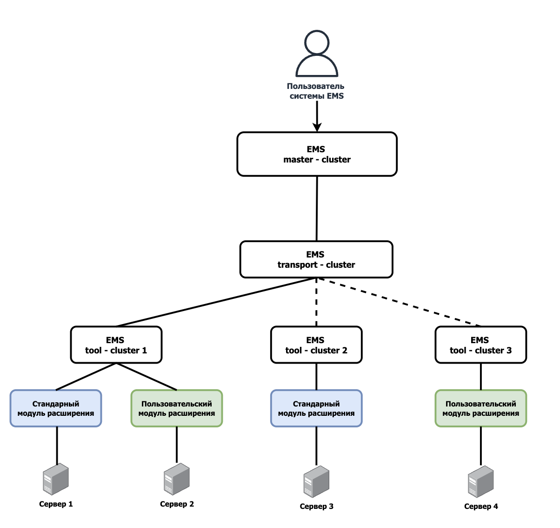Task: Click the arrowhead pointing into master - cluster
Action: click(x=317, y=127)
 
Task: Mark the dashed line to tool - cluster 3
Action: click(x=399, y=302)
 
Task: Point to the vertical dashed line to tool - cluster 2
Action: click(x=316, y=302)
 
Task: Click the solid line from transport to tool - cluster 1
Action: click(x=216, y=302)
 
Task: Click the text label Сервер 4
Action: click(x=481, y=506)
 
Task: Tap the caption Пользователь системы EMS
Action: click(x=316, y=91)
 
